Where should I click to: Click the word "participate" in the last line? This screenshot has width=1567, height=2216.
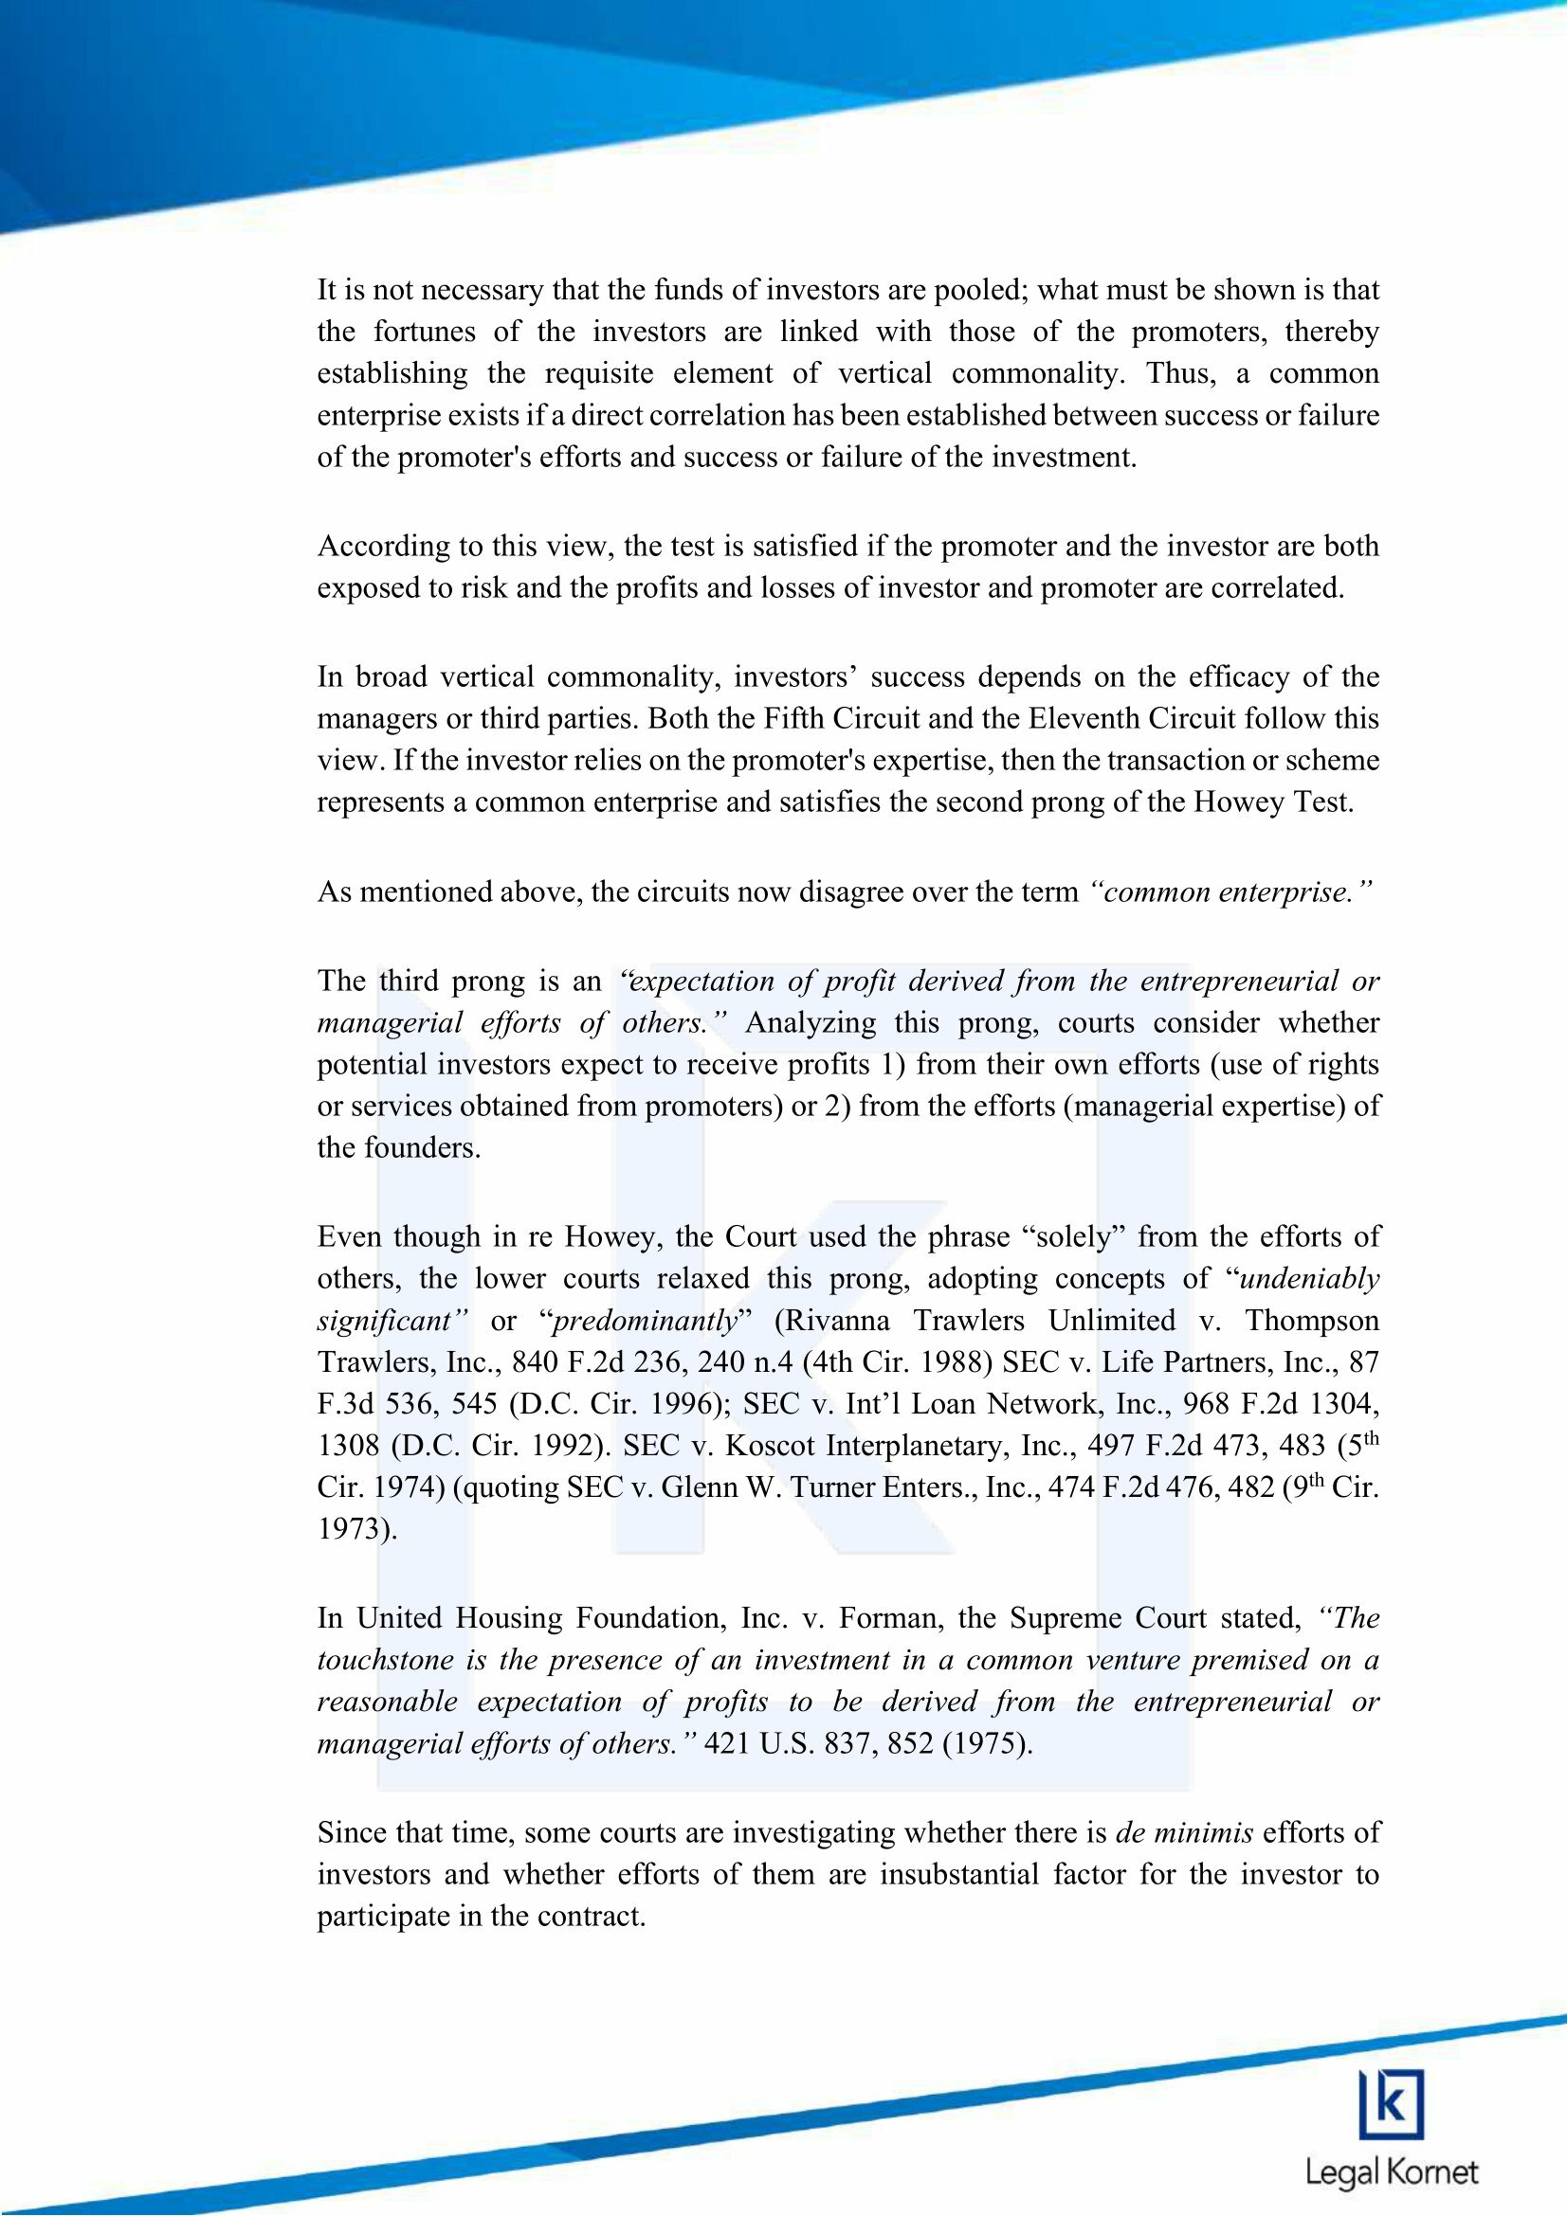[x=384, y=1916]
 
